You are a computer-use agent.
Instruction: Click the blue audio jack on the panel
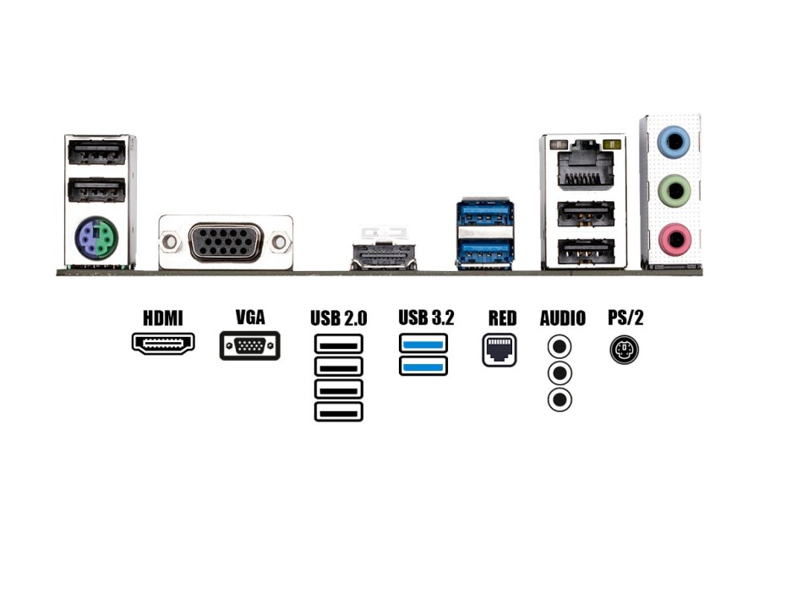(674, 142)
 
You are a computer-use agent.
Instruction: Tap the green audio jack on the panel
(674, 191)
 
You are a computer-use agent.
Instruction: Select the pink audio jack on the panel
(674, 240)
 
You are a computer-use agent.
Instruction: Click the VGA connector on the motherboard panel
(226, 242)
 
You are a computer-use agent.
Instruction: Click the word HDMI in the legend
(163, 318)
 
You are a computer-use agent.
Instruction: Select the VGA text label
(250, 318)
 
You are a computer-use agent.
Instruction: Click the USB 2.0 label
(338, 318)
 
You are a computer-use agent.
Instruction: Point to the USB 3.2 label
(426, 318)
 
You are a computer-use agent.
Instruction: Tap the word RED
(502, 318)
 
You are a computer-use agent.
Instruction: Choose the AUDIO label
(562, 318)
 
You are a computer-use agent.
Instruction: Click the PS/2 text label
(625, 318)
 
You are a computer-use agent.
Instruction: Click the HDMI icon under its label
(163, 343)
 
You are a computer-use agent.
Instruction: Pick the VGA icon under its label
(250, 346)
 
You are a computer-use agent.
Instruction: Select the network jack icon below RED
(499, 350)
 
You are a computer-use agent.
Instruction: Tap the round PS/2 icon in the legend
(625, 349)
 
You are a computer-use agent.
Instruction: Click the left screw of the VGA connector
(171, 242)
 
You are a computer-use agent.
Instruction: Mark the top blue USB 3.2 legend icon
(423, 344)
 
